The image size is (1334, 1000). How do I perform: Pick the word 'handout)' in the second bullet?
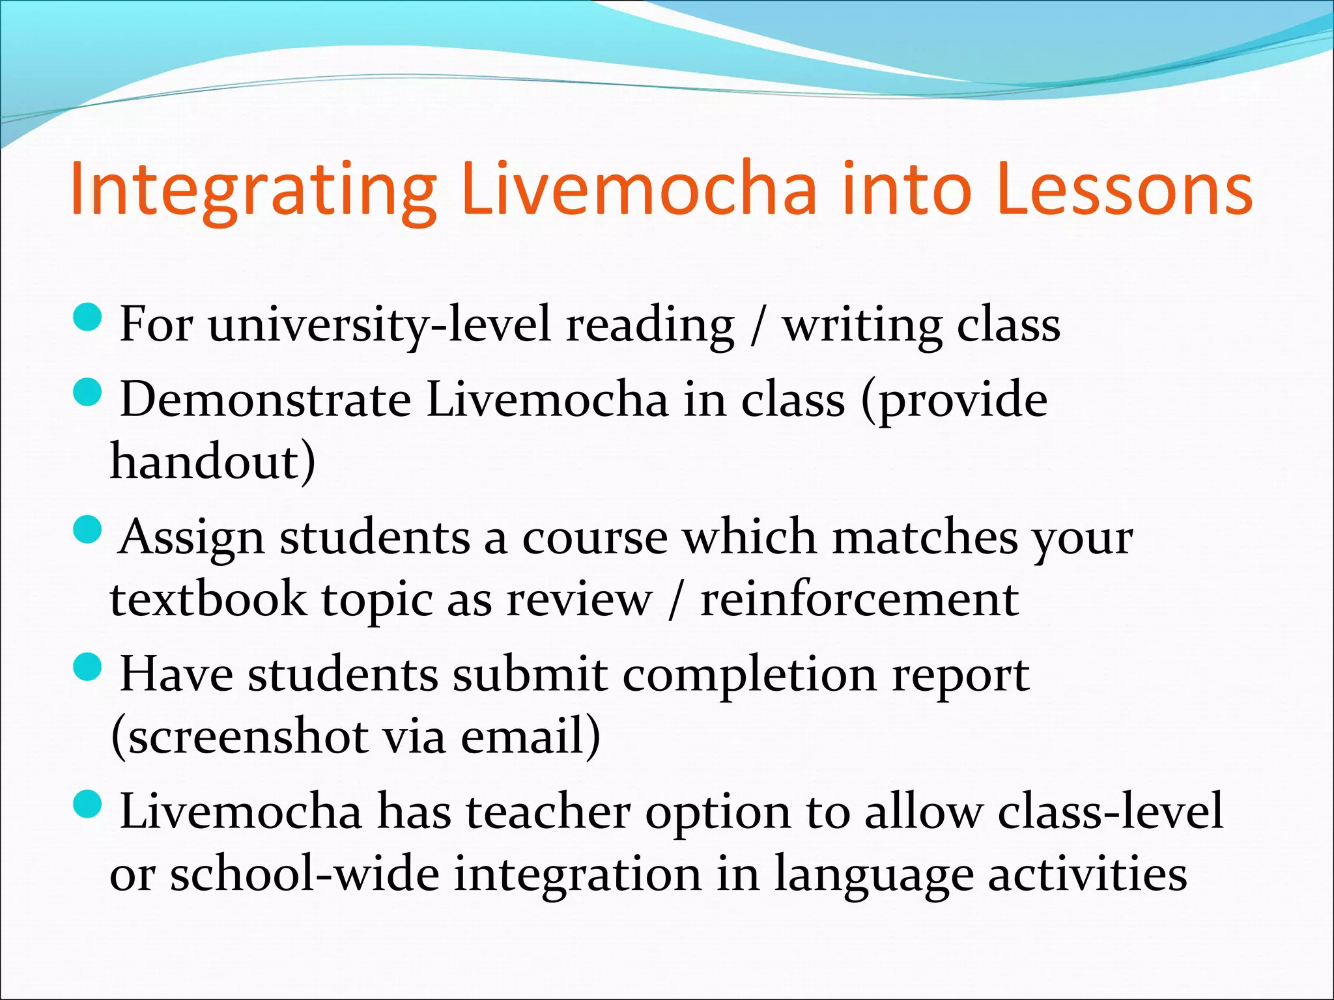click(212, 462)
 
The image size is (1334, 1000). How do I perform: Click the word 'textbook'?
click(208, 600)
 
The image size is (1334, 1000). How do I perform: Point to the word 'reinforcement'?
click(859, 600)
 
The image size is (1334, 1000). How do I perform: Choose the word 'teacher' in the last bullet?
click(548, 812)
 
